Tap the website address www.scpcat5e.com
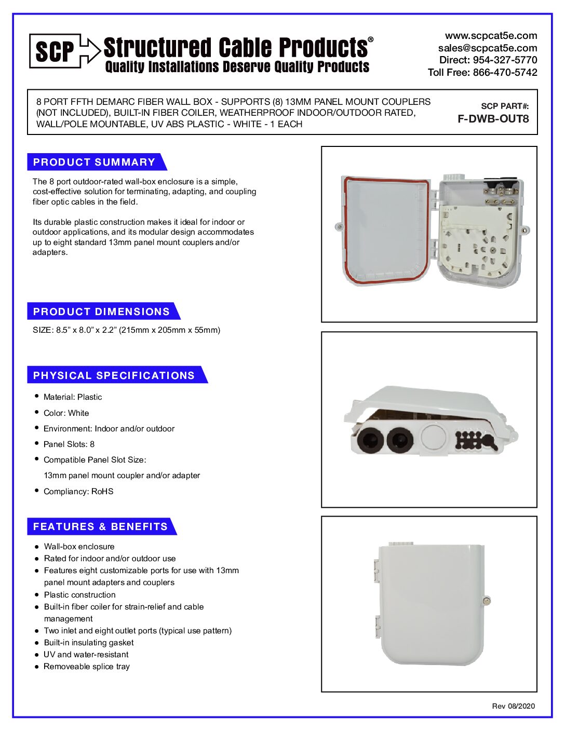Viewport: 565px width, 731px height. coord(491,36)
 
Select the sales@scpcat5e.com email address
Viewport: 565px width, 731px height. coord(487,48)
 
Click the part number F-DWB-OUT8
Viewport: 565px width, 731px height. coord(493,119)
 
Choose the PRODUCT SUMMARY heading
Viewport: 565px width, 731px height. coord(95,162)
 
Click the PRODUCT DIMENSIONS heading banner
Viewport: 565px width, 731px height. coord(102,312)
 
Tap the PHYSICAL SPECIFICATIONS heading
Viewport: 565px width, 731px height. coord(114,375)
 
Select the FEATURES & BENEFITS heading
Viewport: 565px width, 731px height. coord(101,526)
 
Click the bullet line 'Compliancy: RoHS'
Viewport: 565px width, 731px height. coord(78,491)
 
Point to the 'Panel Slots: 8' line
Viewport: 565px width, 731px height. coord(69,444)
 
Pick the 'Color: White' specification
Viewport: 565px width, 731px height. coord(66,413)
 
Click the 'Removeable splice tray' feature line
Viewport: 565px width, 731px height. coord(87,667)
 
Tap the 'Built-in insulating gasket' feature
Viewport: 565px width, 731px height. coord(89,643)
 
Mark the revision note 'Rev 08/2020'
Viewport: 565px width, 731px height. coord(513,706)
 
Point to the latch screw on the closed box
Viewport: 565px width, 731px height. coord(487,601)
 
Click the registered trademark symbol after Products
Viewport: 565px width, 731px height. coord(370,39)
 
